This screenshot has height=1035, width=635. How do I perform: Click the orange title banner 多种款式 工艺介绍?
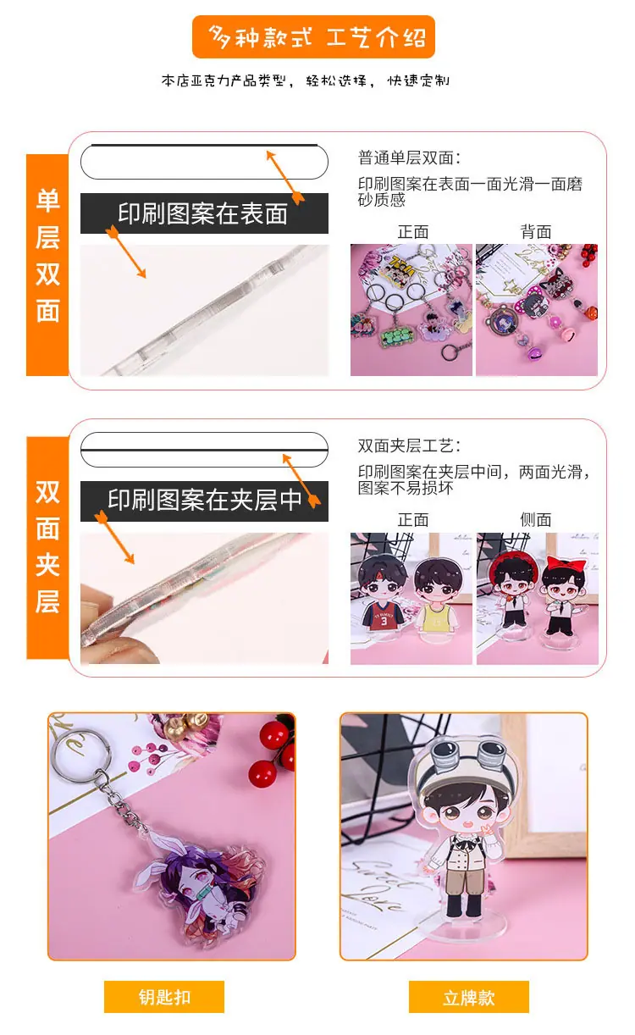(x=313, y=37)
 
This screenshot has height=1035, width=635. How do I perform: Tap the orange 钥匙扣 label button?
(x=164, y=997)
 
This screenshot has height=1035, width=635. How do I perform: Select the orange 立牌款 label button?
(x=469, y=997)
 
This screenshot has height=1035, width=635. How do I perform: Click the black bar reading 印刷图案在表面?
(x=204, y=213)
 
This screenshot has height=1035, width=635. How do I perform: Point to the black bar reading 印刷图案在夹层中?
(x=204, y=501)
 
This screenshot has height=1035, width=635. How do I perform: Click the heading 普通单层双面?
(x=409, y=158)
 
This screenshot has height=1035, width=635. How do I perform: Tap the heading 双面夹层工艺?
(x=409, y=446)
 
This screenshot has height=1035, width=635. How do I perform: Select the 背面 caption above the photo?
(x=536, y=231)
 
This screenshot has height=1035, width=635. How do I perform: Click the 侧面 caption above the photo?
(x=536, y=520)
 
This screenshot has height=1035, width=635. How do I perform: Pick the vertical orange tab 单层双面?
(x=47, y=265)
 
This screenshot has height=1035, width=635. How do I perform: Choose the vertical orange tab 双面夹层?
(x=47, y=547)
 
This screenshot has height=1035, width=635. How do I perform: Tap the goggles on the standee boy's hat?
(x=467, y=751)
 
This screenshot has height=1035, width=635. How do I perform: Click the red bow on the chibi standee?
(x=566, y=564)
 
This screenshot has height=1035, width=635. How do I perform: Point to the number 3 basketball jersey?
(x=383, y=616)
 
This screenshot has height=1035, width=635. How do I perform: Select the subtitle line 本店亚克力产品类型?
(x=226, y=80)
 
